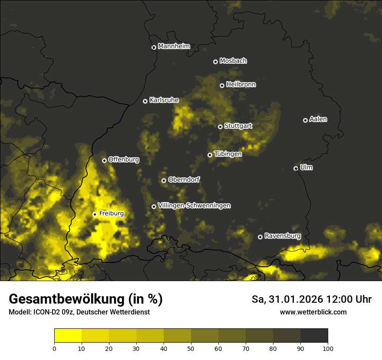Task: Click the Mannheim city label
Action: pos(174,46)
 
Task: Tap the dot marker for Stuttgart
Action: pos(220,127)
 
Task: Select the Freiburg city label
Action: pos(111,213)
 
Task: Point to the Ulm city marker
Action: pos(296,168)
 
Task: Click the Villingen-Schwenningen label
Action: pos(194,206)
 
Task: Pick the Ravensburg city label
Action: pos(283,236)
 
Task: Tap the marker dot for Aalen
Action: pos(305,120)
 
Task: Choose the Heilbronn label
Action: pos(241,85)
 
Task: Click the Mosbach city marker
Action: pos(215,62)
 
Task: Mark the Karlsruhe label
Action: pos(164,100)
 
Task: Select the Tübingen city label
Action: pos(227,154)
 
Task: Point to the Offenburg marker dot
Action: pos(104,160)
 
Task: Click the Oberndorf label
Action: pos(184,180)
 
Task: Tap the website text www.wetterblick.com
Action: pos(313,312)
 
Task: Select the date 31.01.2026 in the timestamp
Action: pos(292,299)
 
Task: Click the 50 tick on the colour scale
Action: pos(191,348)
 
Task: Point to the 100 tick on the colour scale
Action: pos(328,348)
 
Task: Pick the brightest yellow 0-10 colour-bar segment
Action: pos(68,336)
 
